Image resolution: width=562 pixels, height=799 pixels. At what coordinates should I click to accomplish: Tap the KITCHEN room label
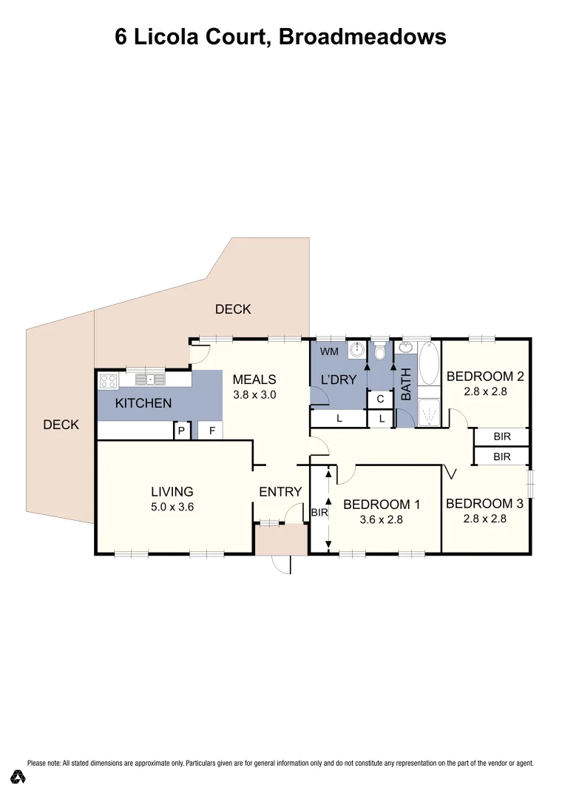click(143, 403)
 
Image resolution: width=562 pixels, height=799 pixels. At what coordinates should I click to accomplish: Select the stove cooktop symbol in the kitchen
click(109, 381)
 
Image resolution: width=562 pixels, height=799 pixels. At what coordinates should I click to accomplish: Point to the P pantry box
click(180, 430)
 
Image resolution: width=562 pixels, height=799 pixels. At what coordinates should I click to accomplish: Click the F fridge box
click(211, 430)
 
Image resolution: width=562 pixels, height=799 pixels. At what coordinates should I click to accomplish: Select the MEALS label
click(254, 380)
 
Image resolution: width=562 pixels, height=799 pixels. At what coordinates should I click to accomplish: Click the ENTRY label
click(280, 491)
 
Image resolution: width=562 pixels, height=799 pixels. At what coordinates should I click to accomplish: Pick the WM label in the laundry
click(329, 351)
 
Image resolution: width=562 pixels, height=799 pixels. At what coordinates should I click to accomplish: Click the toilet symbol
click(380, 352)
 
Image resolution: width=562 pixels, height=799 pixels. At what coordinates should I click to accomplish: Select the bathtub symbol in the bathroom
click(429, 363)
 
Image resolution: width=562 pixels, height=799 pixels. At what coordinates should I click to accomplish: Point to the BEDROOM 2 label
click(485, 377)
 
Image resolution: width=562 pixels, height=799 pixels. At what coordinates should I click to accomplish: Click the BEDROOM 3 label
click(484, 504)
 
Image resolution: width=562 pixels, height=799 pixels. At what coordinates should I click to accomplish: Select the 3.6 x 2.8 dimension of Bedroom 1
click(382, 520)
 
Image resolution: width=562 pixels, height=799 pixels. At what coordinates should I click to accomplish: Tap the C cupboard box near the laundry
click(379, 399)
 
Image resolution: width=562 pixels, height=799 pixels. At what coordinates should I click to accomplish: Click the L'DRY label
click(339, 380)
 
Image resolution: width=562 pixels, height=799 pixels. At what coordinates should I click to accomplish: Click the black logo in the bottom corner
click(18, 777)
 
